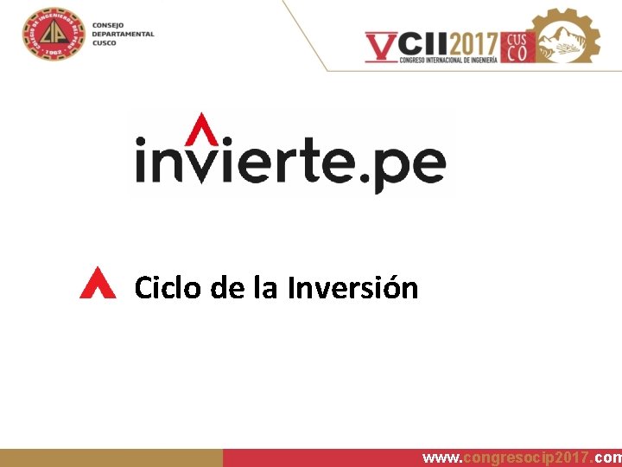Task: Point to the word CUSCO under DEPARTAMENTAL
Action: point(104,42)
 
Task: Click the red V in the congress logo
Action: point(381,46)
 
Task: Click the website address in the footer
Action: point(521,457)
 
